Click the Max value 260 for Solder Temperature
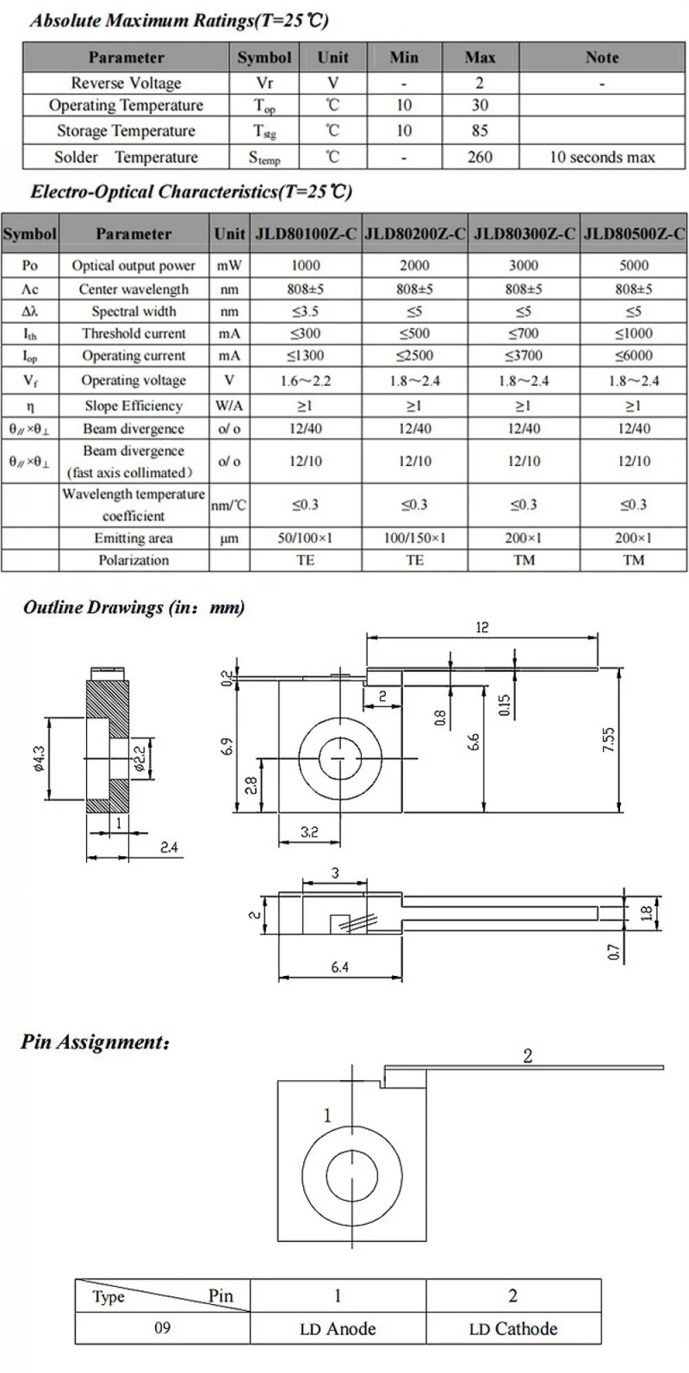click(480, 157)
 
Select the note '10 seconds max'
click(601, 157)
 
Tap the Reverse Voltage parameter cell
click(126, 83)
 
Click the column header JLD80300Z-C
click(524, 234)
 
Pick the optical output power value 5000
click(633, 265)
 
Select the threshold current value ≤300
click(305, 334)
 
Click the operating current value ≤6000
click(633, 356)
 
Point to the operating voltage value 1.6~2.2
click(305, 380)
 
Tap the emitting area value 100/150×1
click(414, 538)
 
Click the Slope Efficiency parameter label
click(134, 406)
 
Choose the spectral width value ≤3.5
click(305, 312)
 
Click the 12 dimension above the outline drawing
click(482, 627)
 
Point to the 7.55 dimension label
click(608, 740)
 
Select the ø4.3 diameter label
click(39, 758)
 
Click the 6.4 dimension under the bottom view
click(340, 968)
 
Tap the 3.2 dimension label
click(309, 832)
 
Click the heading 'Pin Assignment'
click(95, 1041)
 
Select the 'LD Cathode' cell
click(513, 1328)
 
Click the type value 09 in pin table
click(162, 1328)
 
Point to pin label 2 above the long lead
click(528, 1056)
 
